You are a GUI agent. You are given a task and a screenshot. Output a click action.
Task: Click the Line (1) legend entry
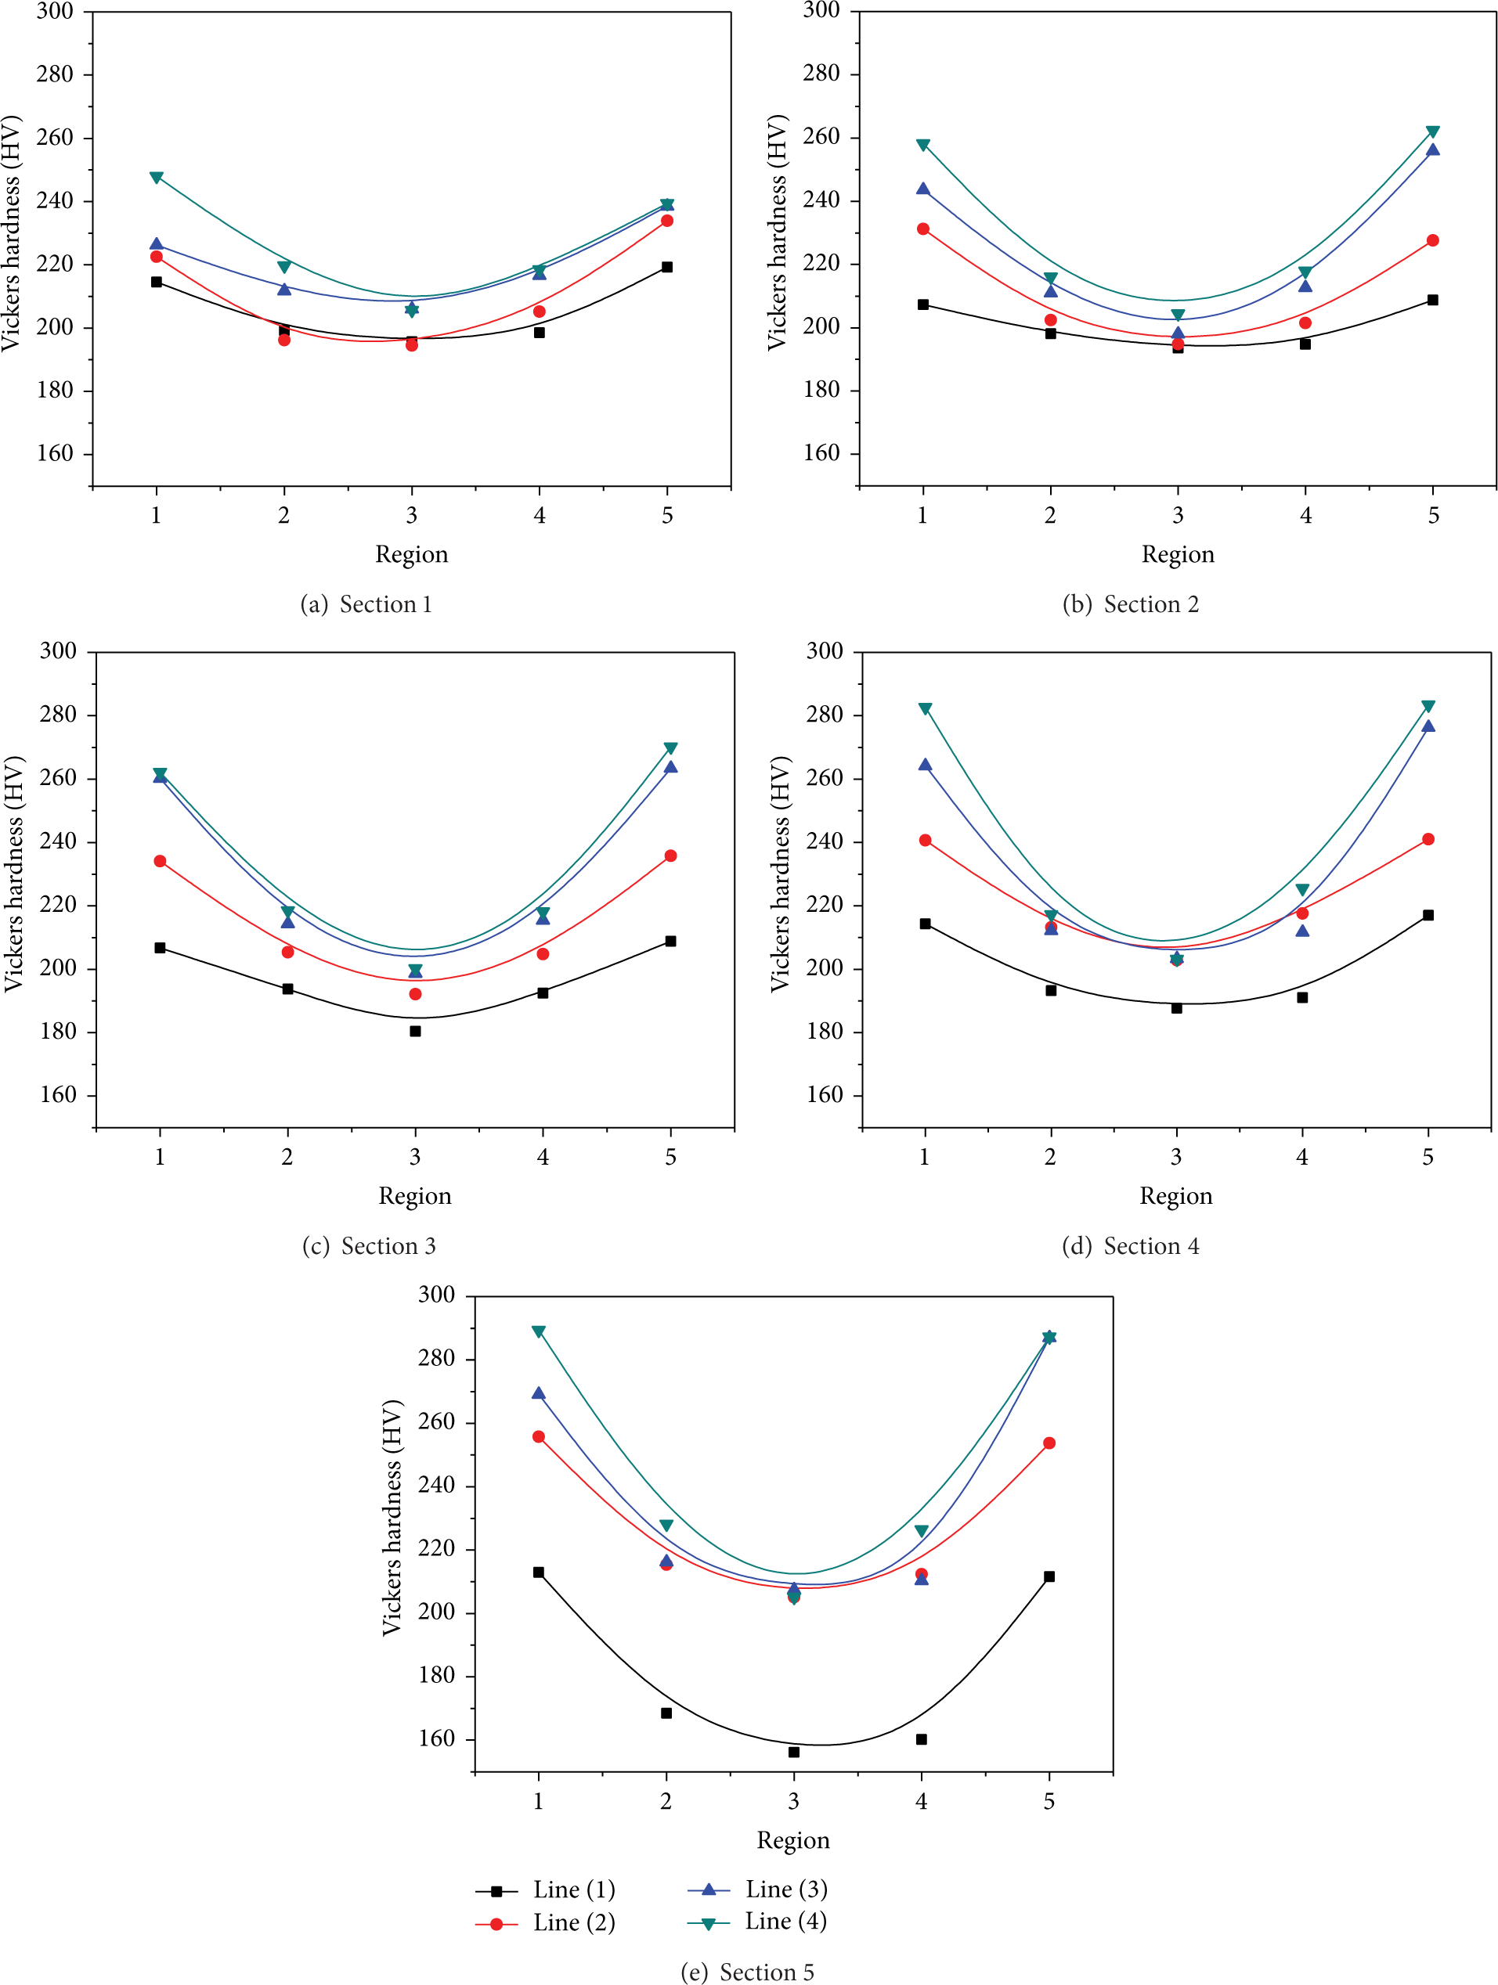pos(545,1890)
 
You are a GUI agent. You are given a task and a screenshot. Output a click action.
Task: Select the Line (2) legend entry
pos(545,1923)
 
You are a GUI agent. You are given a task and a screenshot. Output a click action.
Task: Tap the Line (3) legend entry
pos(757,1889)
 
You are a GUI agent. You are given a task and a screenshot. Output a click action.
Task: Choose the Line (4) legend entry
pos(757,1922)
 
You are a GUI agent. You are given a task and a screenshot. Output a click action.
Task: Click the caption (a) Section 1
pos(366,605)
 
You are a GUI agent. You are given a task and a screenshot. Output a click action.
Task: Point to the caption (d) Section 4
pos(1130,1246)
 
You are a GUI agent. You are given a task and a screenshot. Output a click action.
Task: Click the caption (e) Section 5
pos(747,1972)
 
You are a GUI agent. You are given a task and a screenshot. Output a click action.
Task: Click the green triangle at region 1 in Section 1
pos(156,178)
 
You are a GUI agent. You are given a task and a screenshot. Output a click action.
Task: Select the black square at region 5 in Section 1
pos(667,267)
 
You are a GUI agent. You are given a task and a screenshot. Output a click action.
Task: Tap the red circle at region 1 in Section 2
pos(922,229)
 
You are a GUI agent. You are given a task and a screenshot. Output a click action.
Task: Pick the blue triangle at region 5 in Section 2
pos(1432,149)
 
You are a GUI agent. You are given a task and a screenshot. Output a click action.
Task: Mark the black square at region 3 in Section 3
pos(415,1031)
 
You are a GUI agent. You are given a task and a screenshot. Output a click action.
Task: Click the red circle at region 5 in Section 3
pos(670,856)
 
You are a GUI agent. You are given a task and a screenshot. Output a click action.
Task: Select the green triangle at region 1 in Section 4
pos(925,709)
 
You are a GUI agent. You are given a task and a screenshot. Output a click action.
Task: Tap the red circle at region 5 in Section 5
pos(1049,1443)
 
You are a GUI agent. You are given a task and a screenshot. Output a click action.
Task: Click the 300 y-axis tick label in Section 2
pos(822,11)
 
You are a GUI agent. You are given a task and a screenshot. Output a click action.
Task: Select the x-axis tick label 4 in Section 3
pos(543,1157)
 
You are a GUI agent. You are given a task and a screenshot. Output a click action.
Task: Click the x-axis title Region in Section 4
pos(1176,1196)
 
